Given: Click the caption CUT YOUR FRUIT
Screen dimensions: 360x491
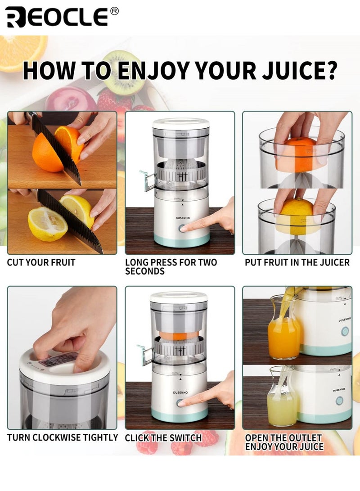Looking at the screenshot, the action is point(41,262).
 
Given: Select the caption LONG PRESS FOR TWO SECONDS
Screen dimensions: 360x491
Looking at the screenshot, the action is point(171,267).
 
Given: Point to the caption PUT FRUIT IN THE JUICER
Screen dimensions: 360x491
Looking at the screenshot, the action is point(297,262).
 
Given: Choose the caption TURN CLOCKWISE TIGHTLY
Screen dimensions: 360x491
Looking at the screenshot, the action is point(63,437).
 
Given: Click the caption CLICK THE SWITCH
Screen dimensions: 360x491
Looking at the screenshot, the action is point(163,438).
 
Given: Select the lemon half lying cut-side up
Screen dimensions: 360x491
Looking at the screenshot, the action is point(48,224).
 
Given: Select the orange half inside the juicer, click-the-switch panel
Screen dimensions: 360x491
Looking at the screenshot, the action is point(179,336).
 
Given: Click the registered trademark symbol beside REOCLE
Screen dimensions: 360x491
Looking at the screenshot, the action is point(115,11).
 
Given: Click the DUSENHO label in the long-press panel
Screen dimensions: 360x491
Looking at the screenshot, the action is point(183,218).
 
